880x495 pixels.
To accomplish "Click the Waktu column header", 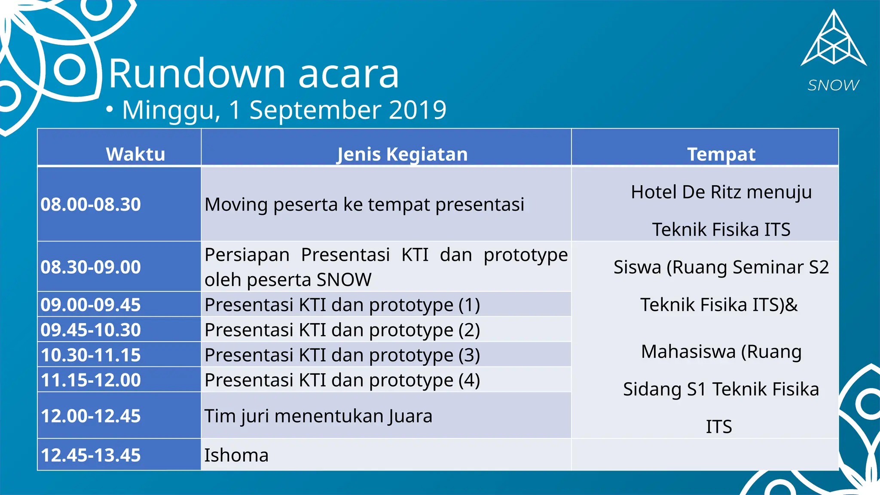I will click(135, 154).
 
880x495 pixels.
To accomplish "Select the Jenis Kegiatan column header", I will click(402, 154).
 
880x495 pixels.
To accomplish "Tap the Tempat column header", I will click(721, 154).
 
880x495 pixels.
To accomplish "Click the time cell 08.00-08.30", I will click(91, 205).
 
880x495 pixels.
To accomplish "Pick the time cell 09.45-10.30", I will click(91, 330).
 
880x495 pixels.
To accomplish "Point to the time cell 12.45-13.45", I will click(91, 455).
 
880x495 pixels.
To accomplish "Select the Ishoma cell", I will click(236, 455).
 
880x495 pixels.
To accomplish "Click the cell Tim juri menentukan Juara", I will click(318, 416).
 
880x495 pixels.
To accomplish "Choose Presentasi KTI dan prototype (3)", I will click(342, 355).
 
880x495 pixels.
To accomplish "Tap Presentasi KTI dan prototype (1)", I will click(342, 305).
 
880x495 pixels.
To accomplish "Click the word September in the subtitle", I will click(315, 110).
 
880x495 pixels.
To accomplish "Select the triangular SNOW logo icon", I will click(834, 41).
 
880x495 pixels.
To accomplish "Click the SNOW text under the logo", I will click(833, 86).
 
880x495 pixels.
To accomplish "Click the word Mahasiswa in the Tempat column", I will click(688, 351).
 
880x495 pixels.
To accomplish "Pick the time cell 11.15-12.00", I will click(91, 380).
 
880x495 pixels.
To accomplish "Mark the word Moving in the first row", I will click(236, 205).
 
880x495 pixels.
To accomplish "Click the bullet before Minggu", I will click(110, 110).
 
